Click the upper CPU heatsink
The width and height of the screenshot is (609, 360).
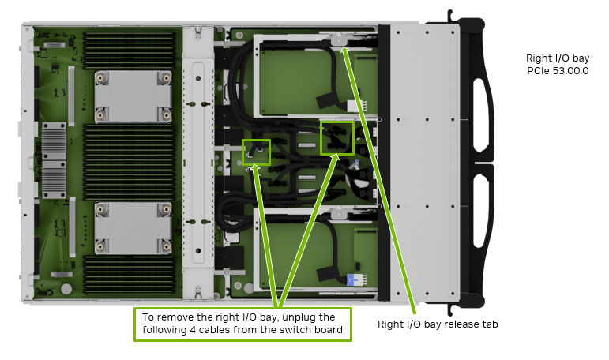pos(133,96)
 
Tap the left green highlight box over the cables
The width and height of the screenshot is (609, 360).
pos(256,152)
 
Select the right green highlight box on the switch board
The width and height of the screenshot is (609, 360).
pos(337,137)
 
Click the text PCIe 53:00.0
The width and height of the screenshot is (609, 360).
pos(558,71)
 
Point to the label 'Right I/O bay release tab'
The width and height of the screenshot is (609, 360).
pos(438,324)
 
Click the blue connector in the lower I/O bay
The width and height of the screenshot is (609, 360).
pos(352,279)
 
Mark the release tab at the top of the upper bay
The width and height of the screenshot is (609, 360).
pos(339,39)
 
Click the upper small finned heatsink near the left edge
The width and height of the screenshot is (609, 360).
pos(54,140)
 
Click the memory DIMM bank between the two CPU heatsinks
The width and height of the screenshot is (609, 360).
pos(133,162)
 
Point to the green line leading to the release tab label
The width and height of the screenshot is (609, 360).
pos(379,174)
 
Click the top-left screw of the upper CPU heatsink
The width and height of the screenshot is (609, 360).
pos(100,77)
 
